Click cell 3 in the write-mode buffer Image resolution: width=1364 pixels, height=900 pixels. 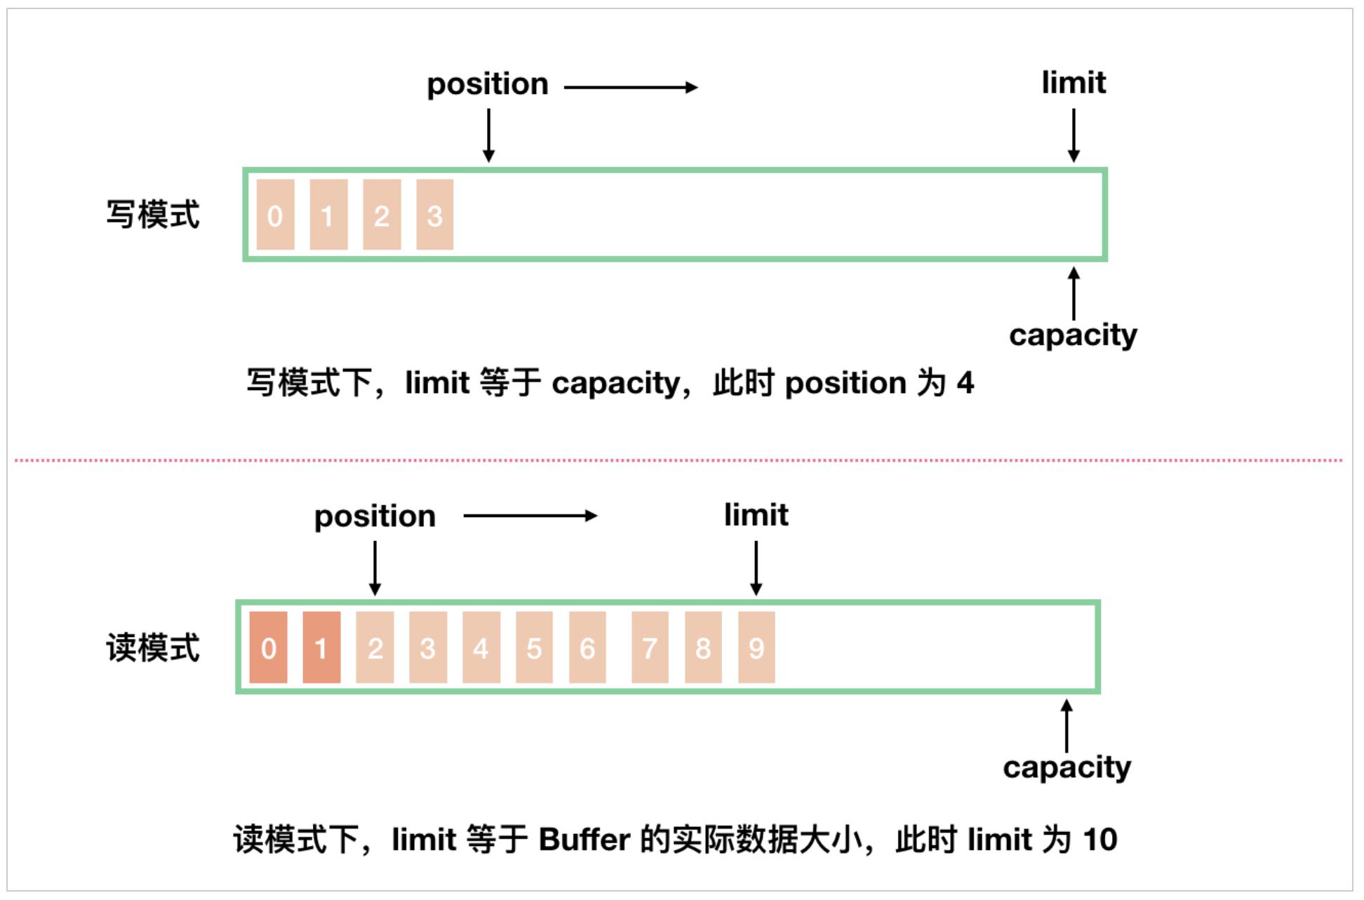(434, 215)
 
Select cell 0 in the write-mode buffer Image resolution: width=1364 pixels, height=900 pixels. (275, 215)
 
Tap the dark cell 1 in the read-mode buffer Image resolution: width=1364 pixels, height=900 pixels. (321, 647)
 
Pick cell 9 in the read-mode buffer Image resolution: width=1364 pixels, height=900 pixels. (756, 647)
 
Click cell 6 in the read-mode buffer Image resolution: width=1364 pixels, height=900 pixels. (587, 647)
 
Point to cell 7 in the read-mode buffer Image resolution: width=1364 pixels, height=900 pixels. (650, 647)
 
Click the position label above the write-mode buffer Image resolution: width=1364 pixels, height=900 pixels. (488, 85)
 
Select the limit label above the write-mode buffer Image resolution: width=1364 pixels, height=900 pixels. (1073, 83)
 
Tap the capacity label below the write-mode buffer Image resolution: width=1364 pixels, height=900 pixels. (1073, 335)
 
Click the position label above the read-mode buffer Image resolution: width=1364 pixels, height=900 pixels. (375, 517)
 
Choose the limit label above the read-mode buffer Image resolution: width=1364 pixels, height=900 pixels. (756, 515)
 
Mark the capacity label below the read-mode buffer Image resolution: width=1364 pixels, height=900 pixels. (1067, 767)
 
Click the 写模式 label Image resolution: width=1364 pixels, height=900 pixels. (153, 215)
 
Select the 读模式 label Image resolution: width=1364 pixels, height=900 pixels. (153, 647)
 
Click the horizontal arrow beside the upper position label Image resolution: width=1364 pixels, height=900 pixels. (631, 87)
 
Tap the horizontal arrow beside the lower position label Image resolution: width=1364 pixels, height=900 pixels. (530, 516)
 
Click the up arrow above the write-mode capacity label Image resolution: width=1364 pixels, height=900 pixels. (1073, 293)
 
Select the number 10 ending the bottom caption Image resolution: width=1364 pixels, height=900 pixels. (1099, 840)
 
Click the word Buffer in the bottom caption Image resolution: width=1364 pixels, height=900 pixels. (584, 840)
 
